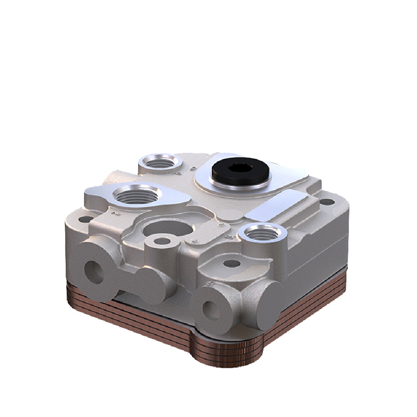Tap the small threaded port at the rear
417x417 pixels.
pyautogui.click(x=159, y=162)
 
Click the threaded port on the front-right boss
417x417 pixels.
pyautogui.click(x=264, y=233)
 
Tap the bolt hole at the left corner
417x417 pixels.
pyautogui.click(x=86, y=219)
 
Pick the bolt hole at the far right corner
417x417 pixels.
pyautogui.click(x=328, y=202)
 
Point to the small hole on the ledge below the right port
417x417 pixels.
pyautogui.click(x=232, y=264)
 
